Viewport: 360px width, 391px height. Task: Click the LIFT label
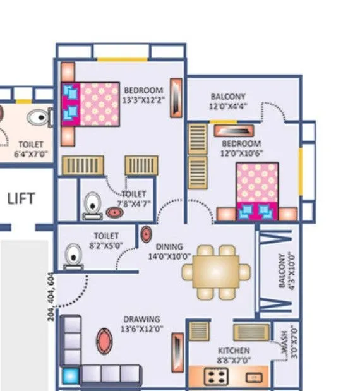click(20, 199)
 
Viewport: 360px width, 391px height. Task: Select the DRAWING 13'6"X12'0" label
click(141, 324)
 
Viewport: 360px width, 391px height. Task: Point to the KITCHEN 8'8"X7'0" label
click(233, 355)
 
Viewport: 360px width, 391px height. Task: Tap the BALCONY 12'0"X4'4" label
click(228, 101)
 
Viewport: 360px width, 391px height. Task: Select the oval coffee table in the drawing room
click(104, 341)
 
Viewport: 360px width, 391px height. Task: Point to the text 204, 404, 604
click(51, 297)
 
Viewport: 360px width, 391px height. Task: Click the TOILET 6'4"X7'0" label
click(30, 149)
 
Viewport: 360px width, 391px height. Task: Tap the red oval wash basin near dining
click(146, 233)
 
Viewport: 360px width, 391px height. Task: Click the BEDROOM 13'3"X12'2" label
click(143, 94)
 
